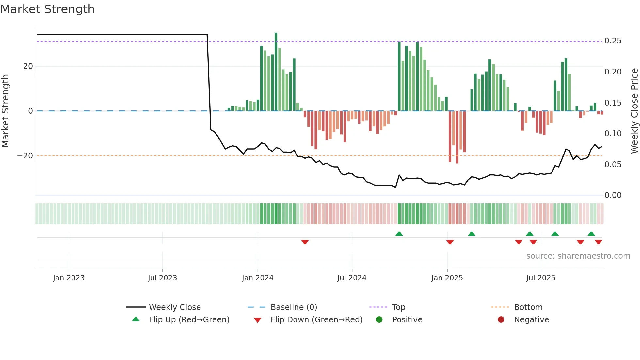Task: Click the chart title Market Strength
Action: click(47, 9)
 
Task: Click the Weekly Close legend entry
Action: click(174, 307)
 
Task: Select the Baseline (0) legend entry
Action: click(294, 307)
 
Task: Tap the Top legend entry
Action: click(398, 307)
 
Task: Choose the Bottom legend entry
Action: click(528, 307)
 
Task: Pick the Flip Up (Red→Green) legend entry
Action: click(189, 319)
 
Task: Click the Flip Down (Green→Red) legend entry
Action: click(316, 319)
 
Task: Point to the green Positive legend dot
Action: click(379, 319)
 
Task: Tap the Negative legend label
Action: click(531, 319)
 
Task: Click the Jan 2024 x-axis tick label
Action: click(258, 278)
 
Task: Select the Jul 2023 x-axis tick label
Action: click(162, 278)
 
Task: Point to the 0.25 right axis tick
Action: click(613, 41)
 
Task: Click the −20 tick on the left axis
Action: click(25, 156)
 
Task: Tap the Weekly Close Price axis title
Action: click(634, 111)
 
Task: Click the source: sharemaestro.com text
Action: click(578, 256)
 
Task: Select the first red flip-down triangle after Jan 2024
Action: click(305, 242)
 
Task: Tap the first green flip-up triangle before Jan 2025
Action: click(399, 234)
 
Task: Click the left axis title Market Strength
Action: click(6, 111)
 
